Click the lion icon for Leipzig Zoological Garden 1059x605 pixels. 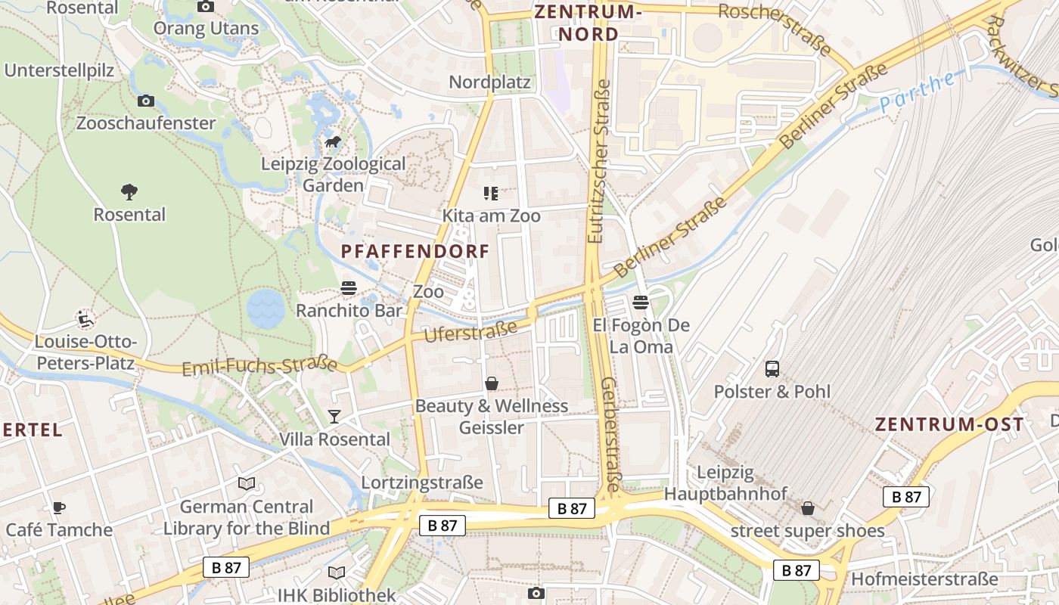coord(333,142)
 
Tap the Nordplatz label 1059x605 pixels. coord(490,82)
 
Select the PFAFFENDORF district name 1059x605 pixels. coord(415,252)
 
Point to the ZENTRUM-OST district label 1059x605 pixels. coord(949,424)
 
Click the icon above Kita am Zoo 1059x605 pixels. coord(491,194)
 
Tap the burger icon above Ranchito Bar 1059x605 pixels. coord(349,288)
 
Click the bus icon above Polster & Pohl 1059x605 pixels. coord(772,369)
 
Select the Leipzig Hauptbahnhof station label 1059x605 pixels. coord(725,483)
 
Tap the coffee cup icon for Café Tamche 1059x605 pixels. coord(58,507)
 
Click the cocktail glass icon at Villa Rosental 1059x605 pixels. coord(334,417)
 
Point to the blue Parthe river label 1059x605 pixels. coord(917,92)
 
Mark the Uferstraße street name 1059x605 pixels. coord(471,331)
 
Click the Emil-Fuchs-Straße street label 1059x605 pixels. coord(259,366)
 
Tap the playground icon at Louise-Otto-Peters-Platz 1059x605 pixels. coord(85,318)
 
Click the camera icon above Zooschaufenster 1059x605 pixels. coord(145,101)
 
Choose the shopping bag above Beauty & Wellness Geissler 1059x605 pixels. coord(492,384)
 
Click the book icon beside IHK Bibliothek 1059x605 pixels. coord(336,573)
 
